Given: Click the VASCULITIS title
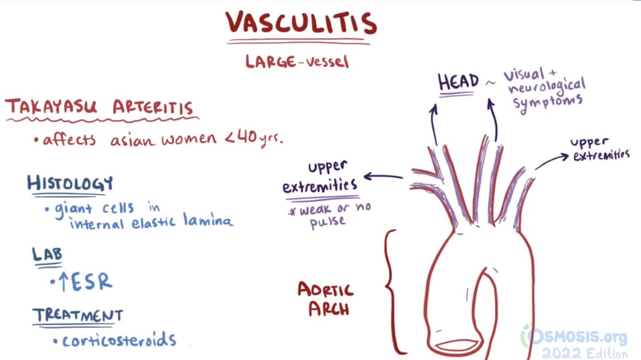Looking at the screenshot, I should pos(301,23).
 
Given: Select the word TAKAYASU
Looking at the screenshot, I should pos(51,107).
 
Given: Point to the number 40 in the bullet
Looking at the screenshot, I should pos(247,138).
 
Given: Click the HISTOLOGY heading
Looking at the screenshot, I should pos(70,183).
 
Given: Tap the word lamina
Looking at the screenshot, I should pos(208,221).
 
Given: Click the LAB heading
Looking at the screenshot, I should pos(47,254).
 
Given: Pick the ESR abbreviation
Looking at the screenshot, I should pos(92,283).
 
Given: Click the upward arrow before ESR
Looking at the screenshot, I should pos(63,283).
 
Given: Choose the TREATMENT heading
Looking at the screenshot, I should pos(78,315).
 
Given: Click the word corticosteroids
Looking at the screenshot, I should pos(119,340).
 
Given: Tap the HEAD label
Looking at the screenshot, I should pos(458,82).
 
